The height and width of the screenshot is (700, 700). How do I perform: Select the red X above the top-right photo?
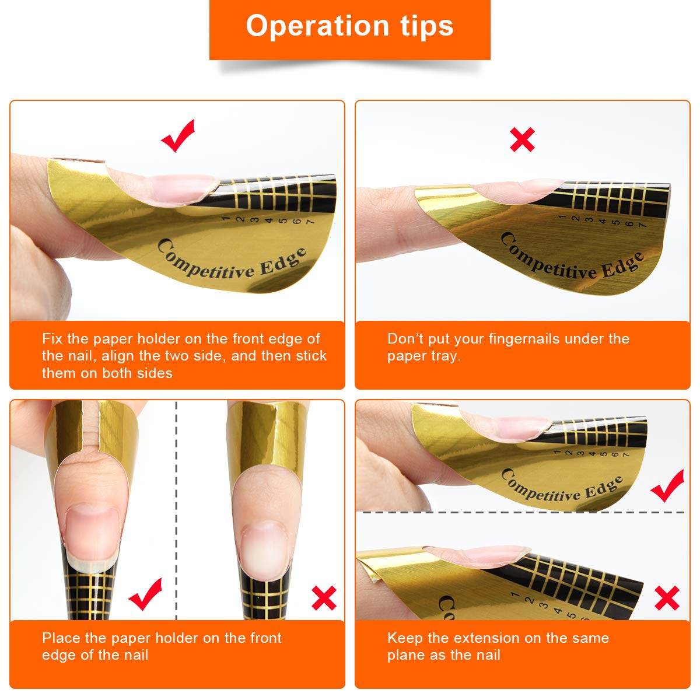[x=522, y=140]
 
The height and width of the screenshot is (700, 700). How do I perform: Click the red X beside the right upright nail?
[x=324, y=598]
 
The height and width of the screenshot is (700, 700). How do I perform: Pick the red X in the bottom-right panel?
[x=667, y=598]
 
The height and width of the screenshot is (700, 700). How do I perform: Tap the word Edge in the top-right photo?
[x=622, y=266]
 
